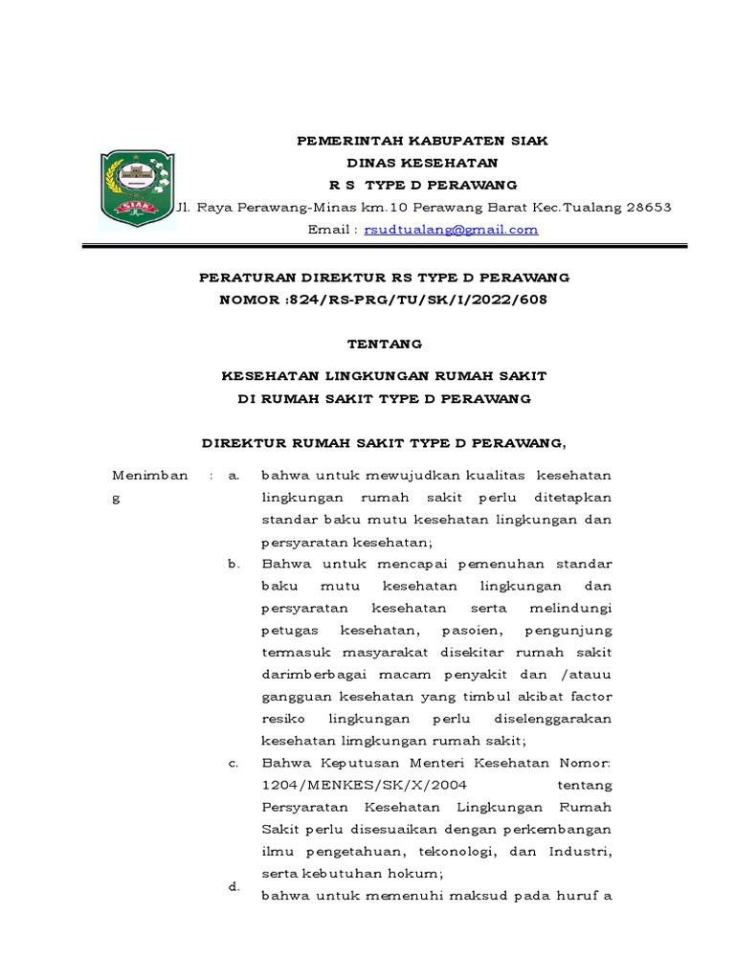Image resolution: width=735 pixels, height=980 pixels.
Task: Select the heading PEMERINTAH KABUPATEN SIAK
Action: [x=422, y=140]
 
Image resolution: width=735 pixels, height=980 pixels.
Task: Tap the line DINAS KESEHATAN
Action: [x=422, y=163]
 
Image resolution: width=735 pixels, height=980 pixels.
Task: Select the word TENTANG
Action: [x=384, y=344]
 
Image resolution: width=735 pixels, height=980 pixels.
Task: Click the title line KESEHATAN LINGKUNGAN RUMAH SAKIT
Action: [x=384, y=376]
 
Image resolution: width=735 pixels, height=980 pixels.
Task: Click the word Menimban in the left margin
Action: [x=150, y=476]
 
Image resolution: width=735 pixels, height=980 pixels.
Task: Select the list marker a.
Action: [x=233, y=476]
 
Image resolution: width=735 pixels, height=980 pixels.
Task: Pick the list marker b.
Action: [x=233, y=564]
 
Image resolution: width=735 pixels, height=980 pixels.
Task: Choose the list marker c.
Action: [x=233, y=763]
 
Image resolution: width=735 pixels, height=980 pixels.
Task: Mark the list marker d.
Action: [x=233, y=887]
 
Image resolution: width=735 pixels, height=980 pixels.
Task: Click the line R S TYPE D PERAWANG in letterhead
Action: [x=422, y=185]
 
